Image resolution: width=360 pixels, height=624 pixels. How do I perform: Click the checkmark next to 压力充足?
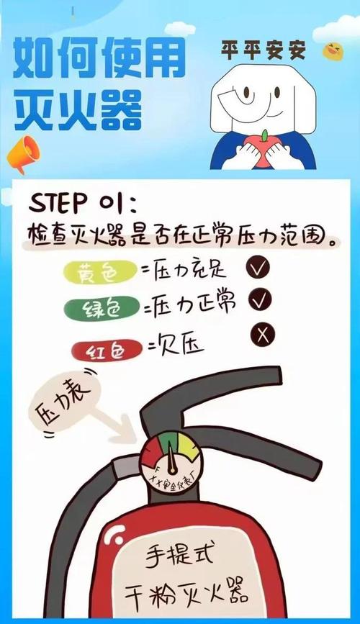258,268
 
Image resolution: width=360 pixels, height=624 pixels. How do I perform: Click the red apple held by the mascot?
266,148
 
